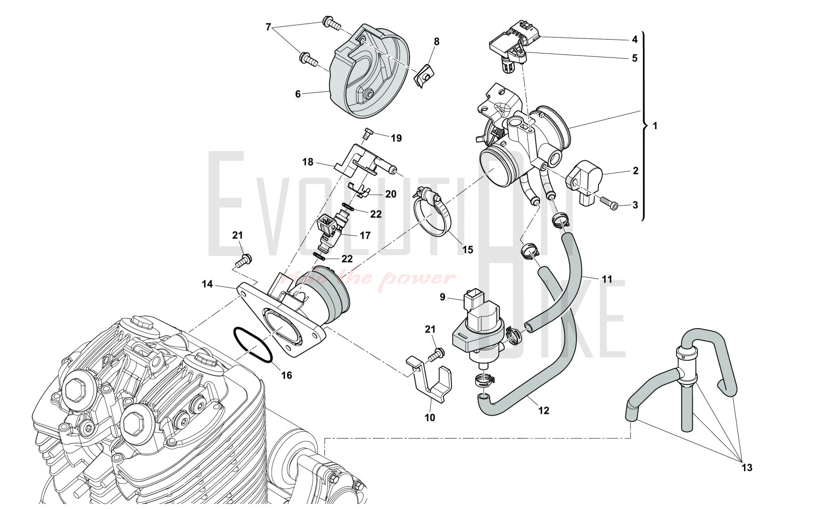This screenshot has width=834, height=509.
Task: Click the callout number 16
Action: click(286, 375)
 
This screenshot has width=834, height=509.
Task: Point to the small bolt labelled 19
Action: click(367, 133)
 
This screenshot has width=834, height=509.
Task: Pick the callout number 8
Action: click(437, 42)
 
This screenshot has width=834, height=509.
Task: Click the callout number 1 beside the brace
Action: click(655, 125)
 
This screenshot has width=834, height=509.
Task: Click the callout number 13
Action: click(747, 467)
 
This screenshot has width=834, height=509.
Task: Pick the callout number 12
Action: click(543, 411)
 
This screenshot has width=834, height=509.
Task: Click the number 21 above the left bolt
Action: click(237, 235)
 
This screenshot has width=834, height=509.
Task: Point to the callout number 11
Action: click(607, 279)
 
